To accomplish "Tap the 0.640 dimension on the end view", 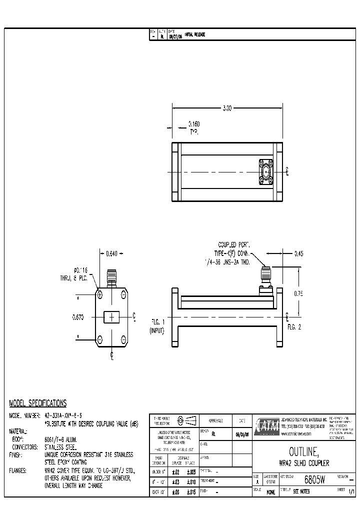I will click(111, 253).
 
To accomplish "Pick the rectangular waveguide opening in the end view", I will click(111, 317).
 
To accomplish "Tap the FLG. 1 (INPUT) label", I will click(157, 326).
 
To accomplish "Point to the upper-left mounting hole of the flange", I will click(100, 295).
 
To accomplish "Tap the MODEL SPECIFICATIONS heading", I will click(38, 403).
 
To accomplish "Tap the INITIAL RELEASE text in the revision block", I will click(195, 34).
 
